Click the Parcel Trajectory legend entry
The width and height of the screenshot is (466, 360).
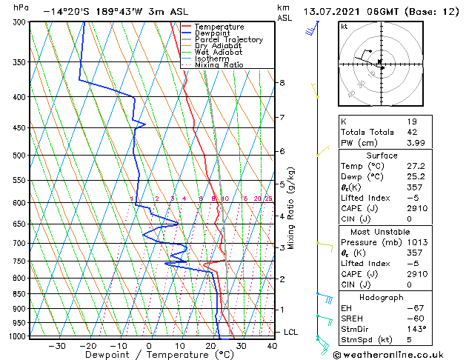click(x=228, y=39)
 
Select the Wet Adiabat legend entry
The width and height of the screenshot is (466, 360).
click(x=219, y=52)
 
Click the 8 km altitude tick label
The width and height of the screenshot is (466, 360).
click(x=282, y=82)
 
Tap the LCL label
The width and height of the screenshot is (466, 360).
click(x=290, y=333)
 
